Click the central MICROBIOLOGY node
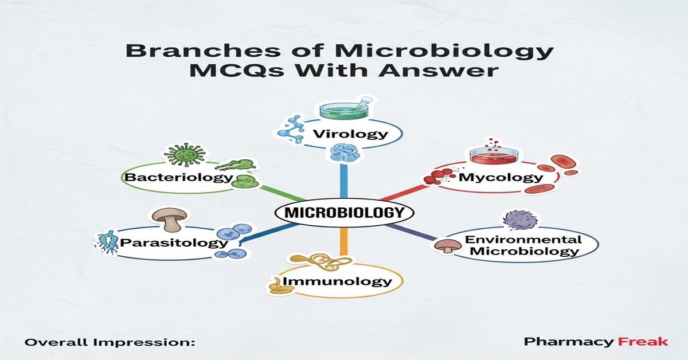coord(344,213)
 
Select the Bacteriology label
coord(178,177)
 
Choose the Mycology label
coord(500,177)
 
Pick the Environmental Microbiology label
coord(522,245)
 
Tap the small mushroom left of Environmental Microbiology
coord(444,246)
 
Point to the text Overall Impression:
coord(110,342)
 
